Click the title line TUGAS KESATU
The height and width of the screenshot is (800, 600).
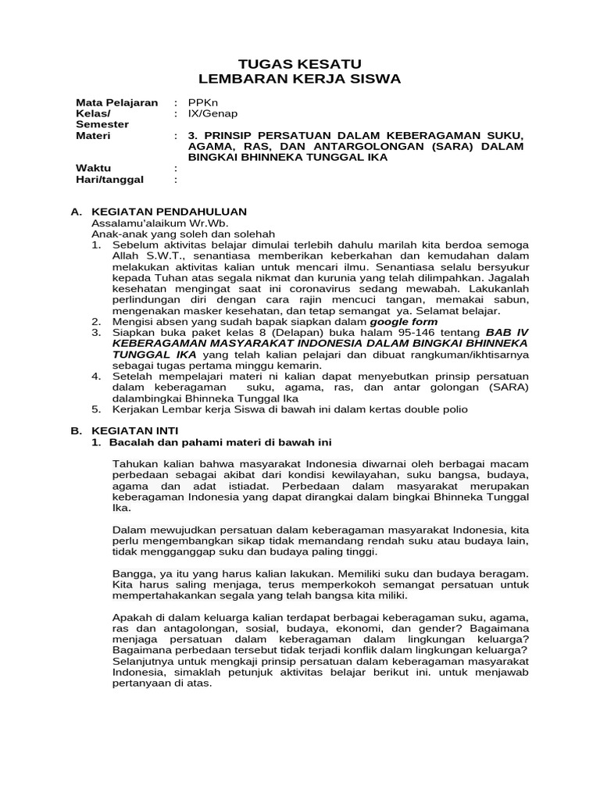[x=299, y=63]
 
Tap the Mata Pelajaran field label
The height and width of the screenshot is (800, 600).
[x=116, y=102]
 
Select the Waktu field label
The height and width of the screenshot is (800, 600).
[x=93, y=168]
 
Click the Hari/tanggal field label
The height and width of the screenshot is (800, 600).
[x=109, y=179]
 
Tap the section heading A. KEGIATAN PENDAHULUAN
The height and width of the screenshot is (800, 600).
[x=159, y=212]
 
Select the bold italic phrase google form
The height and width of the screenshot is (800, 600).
[x=404, y=321]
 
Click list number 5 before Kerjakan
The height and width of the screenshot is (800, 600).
[x=96, y=409]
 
